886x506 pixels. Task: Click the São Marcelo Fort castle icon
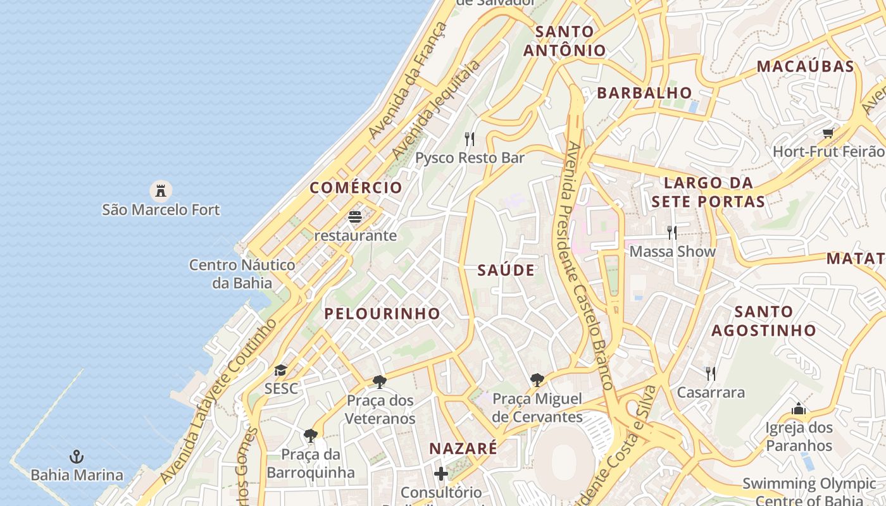pyautogui.click(x=161, y=190)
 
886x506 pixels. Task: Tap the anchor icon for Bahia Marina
pyautogui.click(x=77, y=456)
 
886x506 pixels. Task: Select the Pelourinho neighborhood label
pyautogui.click(x=382, y=313)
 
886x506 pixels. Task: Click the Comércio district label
pyautogui.click(x=356, y=187)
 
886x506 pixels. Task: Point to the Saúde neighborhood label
pyautogui.click(x=506, y=271)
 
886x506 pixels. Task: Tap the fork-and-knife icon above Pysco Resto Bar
pyautogui.click(x=470, y=139)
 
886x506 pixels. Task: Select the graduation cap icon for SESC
pyautogui.click(x=280, y=370)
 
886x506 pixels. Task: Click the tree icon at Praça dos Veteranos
pyautogui.click(x=380, y=381)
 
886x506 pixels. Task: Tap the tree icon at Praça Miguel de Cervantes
pyautogui.click(x=537, y=380)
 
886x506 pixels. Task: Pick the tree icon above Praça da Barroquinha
pyautogui.click(x=310, y=435)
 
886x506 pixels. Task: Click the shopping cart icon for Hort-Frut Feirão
pyautogui.click(x=828, y=133)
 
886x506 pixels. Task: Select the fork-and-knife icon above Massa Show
pyautogui.click(x=672, y=233)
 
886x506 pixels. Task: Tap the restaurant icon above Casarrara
pyautogui.click(x=711, y=374)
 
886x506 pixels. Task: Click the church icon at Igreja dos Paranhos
pyautogui.click(x=798, y=409)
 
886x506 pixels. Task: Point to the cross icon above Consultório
pyautogui.click(x=441, y=473)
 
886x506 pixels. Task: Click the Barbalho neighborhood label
pyautogui.click(x=644, y=93)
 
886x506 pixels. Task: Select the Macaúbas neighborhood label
pyautogui.click(x=805, y=66)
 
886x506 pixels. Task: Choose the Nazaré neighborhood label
pyautogui.click(x=463, y=448)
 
